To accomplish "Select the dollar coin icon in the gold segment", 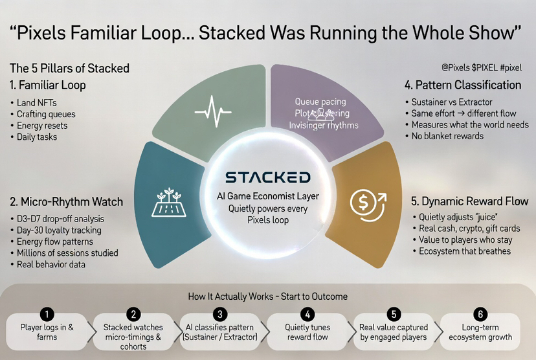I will (x=366, y=202).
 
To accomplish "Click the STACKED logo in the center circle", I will (x=267, y=177).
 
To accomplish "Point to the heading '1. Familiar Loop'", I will (x=48, y=85).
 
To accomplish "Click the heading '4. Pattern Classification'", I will (x=463, y=85).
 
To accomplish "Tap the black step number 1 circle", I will (x=47, y=314).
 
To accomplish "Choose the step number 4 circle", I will (x=307, y=314).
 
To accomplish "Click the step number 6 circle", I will (x=480, y=314).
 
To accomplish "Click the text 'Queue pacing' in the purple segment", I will (x=320, y=102).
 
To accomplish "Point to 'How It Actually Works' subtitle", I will (x=268, y=297).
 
